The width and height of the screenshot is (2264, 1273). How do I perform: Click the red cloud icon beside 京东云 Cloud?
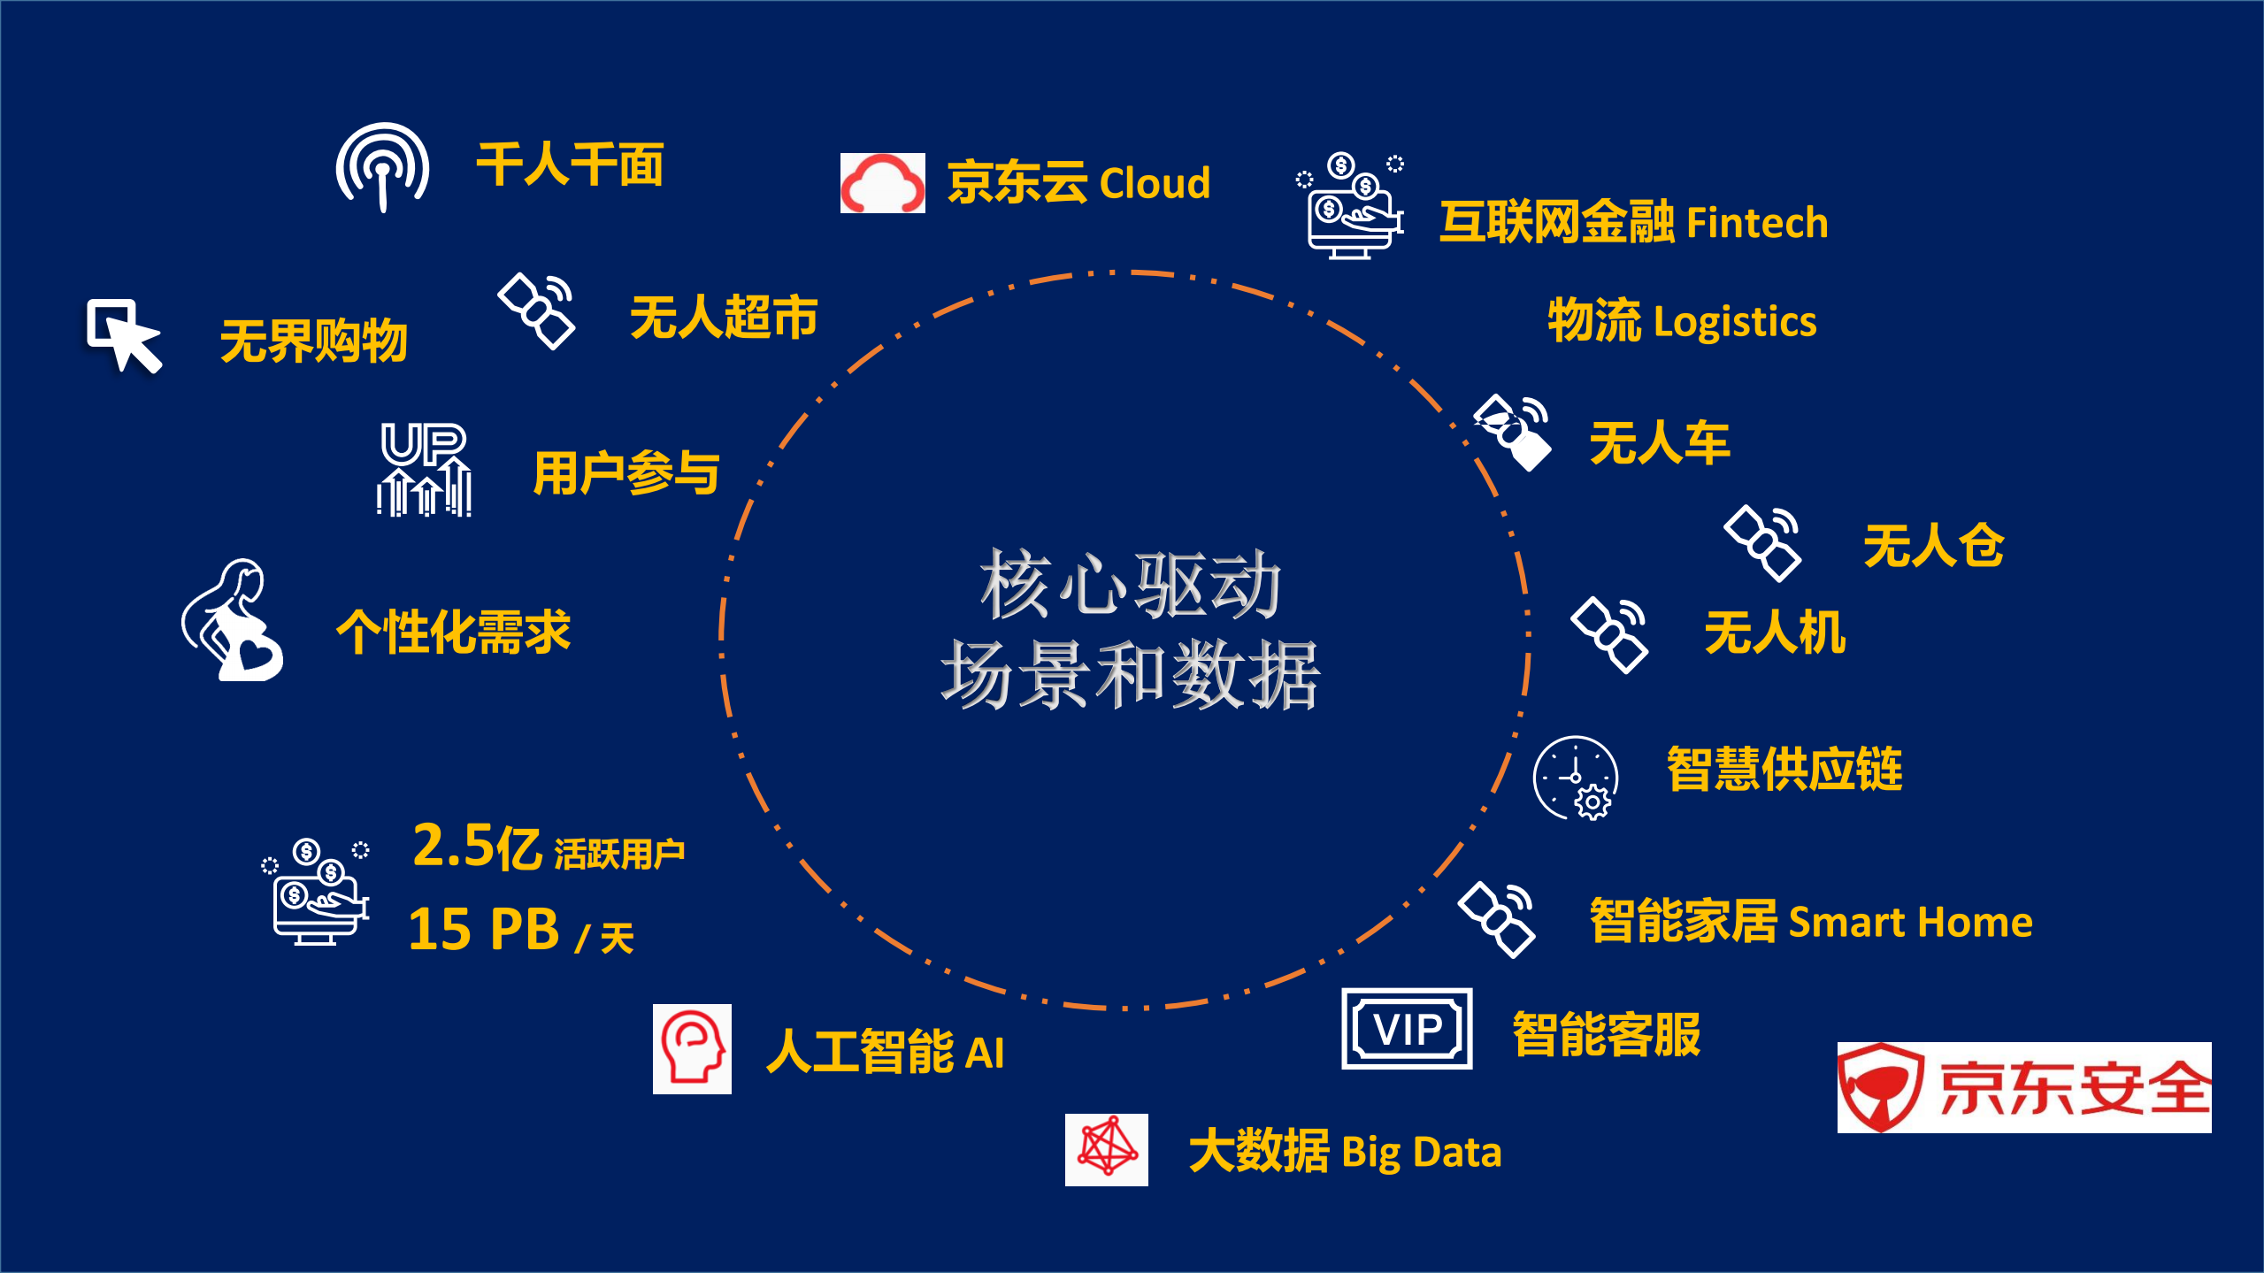pyautogui.click(x=882, y=183)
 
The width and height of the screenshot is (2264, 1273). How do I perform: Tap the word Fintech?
pyautogui.click(x=1757, y=223)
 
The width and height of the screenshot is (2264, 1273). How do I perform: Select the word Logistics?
pyautogui.click(x=1735, y=322)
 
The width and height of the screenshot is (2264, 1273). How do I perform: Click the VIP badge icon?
pyautogui.click(x=1407, y=1029)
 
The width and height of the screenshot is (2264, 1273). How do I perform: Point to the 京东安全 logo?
pyautogui.click(x=2023, y=1087)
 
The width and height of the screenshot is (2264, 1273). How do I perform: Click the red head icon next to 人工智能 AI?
pyautogui.click(x=692, y=1049)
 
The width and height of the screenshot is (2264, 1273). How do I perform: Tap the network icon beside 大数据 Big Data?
pyautogui.click(x=1106, y=1149)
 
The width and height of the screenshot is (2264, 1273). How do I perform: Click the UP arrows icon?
pyautogui.click(x=424, y=469)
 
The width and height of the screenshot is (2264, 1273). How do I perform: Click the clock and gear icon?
pyautogui.click(x=1576, y=778)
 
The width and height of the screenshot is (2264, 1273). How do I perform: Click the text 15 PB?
pyautogui.click(x=484, y=929)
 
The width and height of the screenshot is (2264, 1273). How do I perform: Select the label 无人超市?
pyautogui.click(x=724, y=318)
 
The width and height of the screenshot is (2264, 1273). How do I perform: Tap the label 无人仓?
pyautogui.click(x=1933, y=545)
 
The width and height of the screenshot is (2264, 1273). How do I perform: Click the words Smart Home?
pyautogui.click(x=1910, y=923)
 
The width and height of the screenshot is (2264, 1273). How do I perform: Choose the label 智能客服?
pyautogui.click(x=1606, y=1034)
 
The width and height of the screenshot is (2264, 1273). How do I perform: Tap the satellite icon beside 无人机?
pyautogui.click(x=1608, y=634)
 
